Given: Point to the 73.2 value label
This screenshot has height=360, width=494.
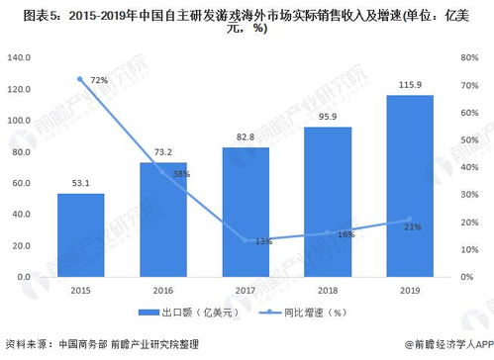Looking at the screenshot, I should (x=163, y=151).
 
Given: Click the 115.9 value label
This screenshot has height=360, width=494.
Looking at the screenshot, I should (x=410, y=85).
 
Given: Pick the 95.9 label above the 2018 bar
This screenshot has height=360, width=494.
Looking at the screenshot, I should (x=328, y=118).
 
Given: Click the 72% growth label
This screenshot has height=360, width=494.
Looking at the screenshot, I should (x=98, y=79).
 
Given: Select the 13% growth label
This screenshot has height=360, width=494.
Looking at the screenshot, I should (x=262, y=241).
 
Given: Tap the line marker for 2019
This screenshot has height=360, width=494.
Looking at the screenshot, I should (x=410, y=220).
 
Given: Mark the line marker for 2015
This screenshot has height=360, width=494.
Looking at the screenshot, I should (x=80, y=78).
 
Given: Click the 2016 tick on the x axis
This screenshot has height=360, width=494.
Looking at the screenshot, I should (x=163, y=290).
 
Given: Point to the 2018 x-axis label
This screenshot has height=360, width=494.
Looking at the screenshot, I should (x=328, y=290).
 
